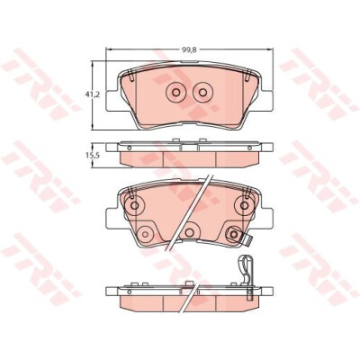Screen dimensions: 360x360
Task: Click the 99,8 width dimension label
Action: (189, 50)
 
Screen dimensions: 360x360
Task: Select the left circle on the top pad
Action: (175, 92)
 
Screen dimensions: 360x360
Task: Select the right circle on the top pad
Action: (203, 92)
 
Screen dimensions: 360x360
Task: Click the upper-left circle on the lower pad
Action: (134, 205)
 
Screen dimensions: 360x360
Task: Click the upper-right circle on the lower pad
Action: (245, 205)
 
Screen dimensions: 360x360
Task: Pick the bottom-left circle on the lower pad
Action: (145, 234)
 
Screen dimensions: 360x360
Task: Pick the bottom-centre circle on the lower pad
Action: (189, 232)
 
